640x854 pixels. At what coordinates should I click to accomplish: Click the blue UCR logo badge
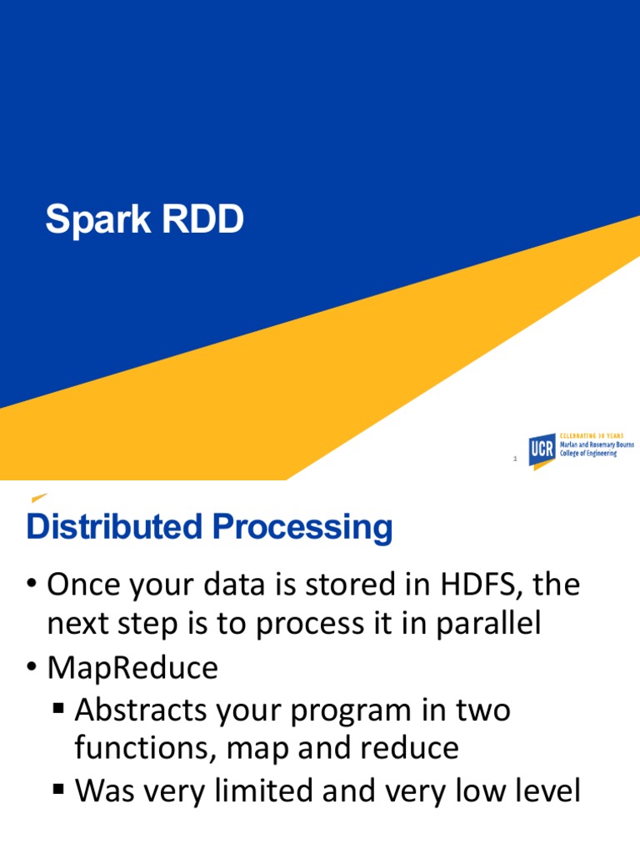pos(542,450)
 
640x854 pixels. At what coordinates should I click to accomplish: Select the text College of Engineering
pos(588,454)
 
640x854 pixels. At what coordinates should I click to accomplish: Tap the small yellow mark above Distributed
pos(39,498)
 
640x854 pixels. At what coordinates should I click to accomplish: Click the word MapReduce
pos(132,667)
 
